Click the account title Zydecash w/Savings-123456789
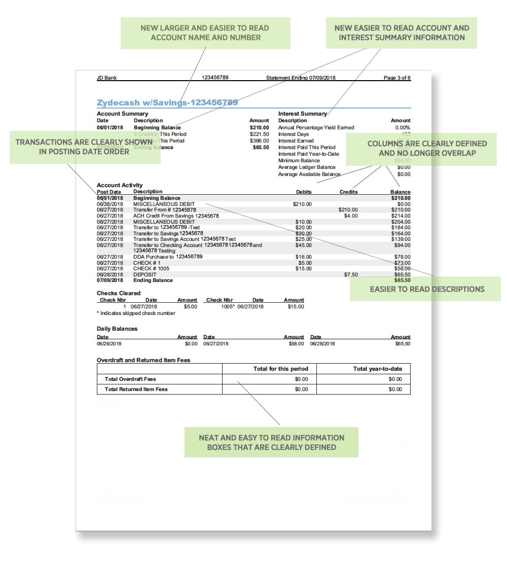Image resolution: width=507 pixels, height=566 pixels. (x=167, y=102)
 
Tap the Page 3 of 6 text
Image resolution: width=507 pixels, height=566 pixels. (x=397, y=78)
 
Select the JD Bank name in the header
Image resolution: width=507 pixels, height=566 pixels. (x=107, y=78)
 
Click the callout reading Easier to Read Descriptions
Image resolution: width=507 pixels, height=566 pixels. (x=427, y=289)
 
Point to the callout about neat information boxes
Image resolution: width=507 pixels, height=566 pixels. (x=271, y=442)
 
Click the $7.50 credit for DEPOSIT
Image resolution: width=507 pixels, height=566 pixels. (x=350, y=274)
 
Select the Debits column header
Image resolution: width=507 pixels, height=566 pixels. (x=304, y=192)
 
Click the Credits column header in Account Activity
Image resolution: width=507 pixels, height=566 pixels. (x=348, y=192)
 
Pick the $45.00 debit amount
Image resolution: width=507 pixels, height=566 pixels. (x=304, y=245)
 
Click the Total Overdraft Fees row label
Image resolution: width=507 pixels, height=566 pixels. (x=130, y=379)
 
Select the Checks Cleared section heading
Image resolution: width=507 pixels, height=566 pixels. (x=119, y=293)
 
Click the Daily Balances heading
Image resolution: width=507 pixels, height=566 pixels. (x=117, y=329)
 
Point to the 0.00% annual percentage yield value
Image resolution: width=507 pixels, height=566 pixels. (x=403, y=127)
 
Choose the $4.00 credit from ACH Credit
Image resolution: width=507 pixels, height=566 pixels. (x=350, y=216)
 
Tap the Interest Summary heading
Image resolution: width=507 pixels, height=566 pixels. (x=303, y=114)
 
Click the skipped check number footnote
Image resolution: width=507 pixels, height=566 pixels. (x=136, y=313)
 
